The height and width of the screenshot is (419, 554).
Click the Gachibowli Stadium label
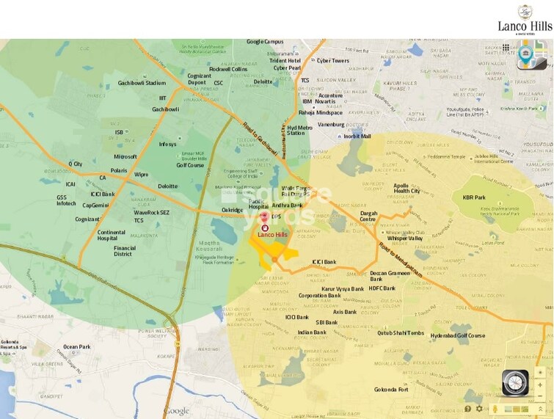pyautogui.click(x=142, y=83)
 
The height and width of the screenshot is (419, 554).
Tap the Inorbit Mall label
pyautogui.click(x=357, y=136)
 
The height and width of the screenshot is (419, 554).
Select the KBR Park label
pyautogui.click(x=474, y=197)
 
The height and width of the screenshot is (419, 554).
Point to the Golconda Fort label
pyautogui.click(x=391, y=389)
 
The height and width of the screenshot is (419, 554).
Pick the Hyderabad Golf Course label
pyautogui.click(x=458, y=335)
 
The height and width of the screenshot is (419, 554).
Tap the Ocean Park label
pyautogui.click(x=76, y=346)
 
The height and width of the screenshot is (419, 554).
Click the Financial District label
pyautogui.click(x=124, y=251)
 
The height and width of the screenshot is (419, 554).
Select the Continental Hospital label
pyautogui.click(x=117, y=236)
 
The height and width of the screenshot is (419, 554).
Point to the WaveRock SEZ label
pyautogui.click(x=151, y=212)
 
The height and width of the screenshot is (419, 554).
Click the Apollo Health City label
pyautogui.click(x=407, y=188)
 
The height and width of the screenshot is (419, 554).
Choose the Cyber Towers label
pyautogui.click(x=332, y=61)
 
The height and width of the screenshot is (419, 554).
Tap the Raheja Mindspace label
pyautogui.click(x=320, y=113)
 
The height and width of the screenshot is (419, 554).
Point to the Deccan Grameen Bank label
pyautogui.click(x=387, y=275)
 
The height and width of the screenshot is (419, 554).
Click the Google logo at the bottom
pyautogui.click(x=177, y=411)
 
